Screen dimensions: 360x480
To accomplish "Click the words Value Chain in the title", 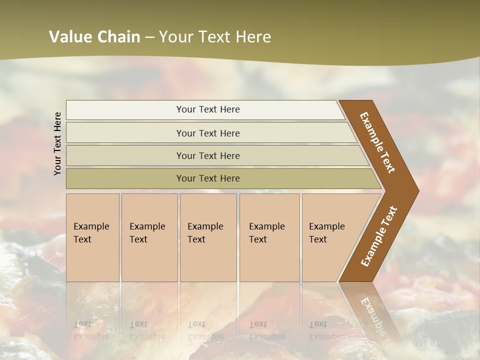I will pos(94,37).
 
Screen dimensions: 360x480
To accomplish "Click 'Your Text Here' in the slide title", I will pos(215,37).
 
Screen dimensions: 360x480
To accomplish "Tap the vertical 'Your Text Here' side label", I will pos(57,143).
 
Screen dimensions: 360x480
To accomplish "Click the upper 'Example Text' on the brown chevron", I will pos(377,142).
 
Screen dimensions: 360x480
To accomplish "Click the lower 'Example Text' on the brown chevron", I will pos(378,236).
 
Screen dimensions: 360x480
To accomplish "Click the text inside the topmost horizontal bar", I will pos(208,109).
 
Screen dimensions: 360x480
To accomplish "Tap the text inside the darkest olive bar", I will pos(208,178).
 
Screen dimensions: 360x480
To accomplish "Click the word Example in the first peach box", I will pos(91,226).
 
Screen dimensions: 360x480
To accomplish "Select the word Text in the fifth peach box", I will pos(318,239).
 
